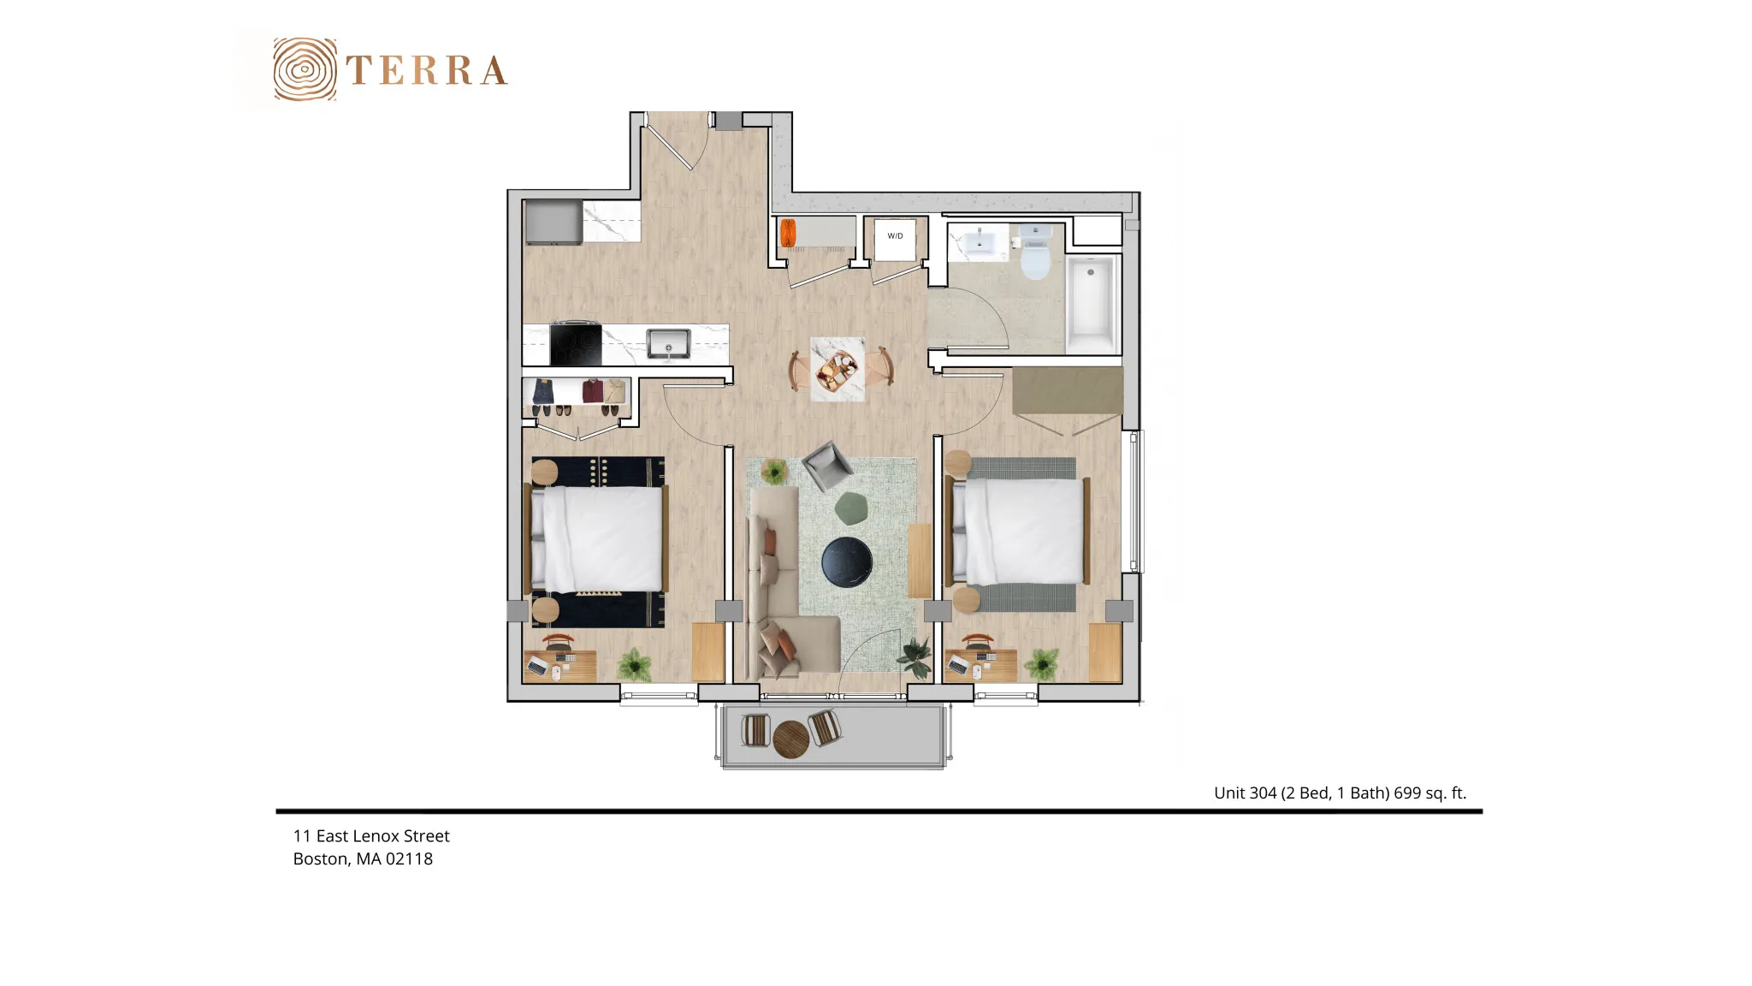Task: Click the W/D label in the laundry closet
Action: (895, 236)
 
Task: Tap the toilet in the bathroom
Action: (1035, 252)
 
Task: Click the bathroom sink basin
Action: (979, 243)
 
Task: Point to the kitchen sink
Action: (668, 343)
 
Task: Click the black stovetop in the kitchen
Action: (576, 344)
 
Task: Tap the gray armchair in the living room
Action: (826, 466)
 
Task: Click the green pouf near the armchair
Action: (851, 508)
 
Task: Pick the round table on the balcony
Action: (790, 739)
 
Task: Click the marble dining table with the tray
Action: (838, 369)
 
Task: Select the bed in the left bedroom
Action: (596, 538)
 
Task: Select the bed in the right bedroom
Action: (1017, 532)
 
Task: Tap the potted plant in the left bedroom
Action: (635, 663)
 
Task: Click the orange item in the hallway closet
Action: (788, 234)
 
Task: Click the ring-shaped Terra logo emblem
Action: (305, 69)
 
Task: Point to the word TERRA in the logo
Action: (427, 70)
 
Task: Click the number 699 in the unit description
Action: (1407, 793)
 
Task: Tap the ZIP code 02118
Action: (409, 858)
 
